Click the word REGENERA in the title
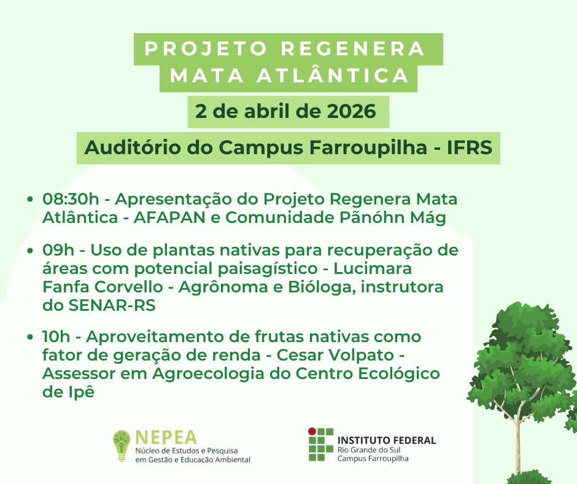point(353,49)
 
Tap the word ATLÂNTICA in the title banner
point(333,75)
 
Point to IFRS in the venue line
point(469,147)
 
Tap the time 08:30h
point(71,199)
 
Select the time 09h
point(58,250)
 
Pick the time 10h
point(56,337)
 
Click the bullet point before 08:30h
point(30,199)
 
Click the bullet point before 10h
point(30,337)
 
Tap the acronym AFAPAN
point(169,217)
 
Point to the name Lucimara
point(373,268)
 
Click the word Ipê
point(81,392)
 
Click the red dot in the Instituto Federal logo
point(312,431)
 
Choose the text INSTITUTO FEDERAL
point(386,440)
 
